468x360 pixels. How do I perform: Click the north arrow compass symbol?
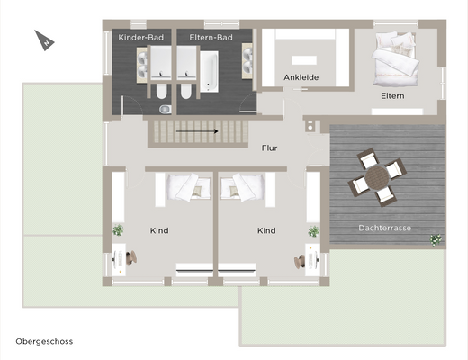[x=44, y=40]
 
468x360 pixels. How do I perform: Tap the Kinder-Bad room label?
[x=141, y=38]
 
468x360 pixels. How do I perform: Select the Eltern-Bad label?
[x=211, y=38]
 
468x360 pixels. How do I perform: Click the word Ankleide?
[x=301, y=77]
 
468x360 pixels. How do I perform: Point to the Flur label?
[x=269, y=148]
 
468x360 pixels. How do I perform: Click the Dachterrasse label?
[x=384, y=228]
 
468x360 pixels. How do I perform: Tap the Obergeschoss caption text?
[x=44, y=341]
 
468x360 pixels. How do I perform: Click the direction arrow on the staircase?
[x=197, y=131]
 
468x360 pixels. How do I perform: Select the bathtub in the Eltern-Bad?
[x=210, y=72]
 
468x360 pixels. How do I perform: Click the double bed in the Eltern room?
[x=395, y=59]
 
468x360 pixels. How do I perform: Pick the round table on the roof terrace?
[x=376, y=178]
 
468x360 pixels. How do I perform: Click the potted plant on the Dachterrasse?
[x=436, y=240]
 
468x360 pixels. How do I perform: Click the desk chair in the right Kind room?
[x=300, y=261]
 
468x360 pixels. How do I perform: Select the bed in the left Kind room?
[x=183, y=188]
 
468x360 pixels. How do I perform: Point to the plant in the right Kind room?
[x=314, y=231]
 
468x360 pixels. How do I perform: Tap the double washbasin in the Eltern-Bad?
[x=247, y=61]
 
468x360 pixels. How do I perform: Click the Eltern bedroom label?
[x=392, y=96]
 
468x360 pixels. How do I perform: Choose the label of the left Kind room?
[x=159, y=230]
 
